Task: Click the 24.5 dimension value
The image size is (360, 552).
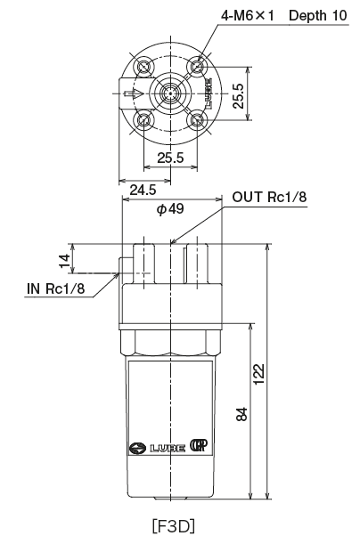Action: pos(143,190)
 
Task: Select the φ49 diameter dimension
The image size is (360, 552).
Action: pos(169,209)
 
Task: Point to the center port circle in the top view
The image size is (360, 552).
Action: pos(169,93)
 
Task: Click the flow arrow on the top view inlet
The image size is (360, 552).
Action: pos(131,93)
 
